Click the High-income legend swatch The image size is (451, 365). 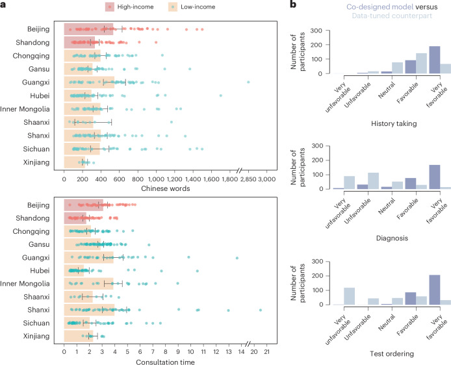tap(110, 7)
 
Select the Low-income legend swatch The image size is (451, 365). tap(173, 7)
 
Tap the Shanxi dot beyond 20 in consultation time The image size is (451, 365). tap(261, 310)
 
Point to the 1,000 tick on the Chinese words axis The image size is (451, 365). tap(156, 179)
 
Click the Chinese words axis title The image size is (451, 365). tap(165, 188)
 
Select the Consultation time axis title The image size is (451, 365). tap(165, 362)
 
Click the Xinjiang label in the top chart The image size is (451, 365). tap(36, 162)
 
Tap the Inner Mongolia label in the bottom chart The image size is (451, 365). tap(25, 284)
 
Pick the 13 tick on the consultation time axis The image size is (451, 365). tap(229, 352)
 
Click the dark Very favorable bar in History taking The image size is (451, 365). tap(434, 60)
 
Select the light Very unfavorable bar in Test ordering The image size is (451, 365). tap(349, 296)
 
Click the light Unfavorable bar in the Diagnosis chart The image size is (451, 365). tap(373, 181)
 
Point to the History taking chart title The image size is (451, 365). tap(394, 123)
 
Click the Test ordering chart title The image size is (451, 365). tap(392, 353)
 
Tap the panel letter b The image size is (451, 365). tap(293, 5)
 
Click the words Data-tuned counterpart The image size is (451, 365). tap(392, 16)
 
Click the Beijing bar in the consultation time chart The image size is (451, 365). tap(83, 205)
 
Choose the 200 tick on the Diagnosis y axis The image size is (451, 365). tap(317, 160)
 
